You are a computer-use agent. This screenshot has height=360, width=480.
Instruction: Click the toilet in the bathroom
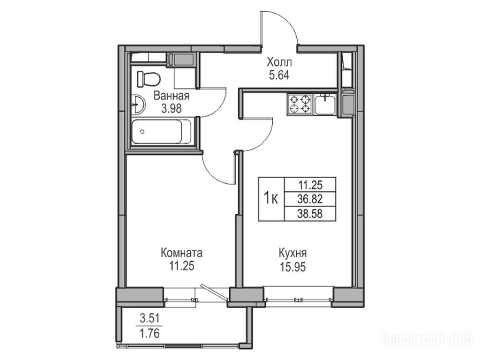click(x=149, y=79)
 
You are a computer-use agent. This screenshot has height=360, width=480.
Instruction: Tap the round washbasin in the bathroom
click(x=138, y=105)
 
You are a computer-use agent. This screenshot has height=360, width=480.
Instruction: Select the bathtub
click(x=162, y=132)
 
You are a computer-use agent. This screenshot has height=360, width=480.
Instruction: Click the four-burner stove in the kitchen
click(x=300, y=104)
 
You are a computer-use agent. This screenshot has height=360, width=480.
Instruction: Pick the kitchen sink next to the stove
click(x=325, y=104)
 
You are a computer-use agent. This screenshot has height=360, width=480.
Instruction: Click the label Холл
click(x=279, y=62)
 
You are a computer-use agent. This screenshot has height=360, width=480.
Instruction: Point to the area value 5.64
click(x=279, y=75)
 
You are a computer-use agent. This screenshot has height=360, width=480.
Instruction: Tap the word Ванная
click(x=172, y=96)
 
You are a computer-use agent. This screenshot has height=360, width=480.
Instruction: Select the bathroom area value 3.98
click(x=172, y=109)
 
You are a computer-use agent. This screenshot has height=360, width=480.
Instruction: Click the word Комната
click(x=181, y=253)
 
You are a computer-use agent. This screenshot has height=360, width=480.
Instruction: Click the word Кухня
click(x=292, y=253)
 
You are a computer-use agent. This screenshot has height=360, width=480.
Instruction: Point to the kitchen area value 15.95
click(x=292, y=267)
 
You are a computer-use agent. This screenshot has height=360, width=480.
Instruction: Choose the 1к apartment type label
click(x=271, y=199)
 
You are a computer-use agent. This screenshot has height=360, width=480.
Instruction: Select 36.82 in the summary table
click(x=310, y=199)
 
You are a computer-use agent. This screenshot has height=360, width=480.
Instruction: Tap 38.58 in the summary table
click(x=310, y=213)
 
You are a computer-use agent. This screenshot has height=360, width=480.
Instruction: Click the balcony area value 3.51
click(x=150, y=319)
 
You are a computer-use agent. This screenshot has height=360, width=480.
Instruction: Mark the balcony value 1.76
click(x=150, y=333)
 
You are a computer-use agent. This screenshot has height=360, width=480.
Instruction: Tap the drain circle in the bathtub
click(x=142, y=132)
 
